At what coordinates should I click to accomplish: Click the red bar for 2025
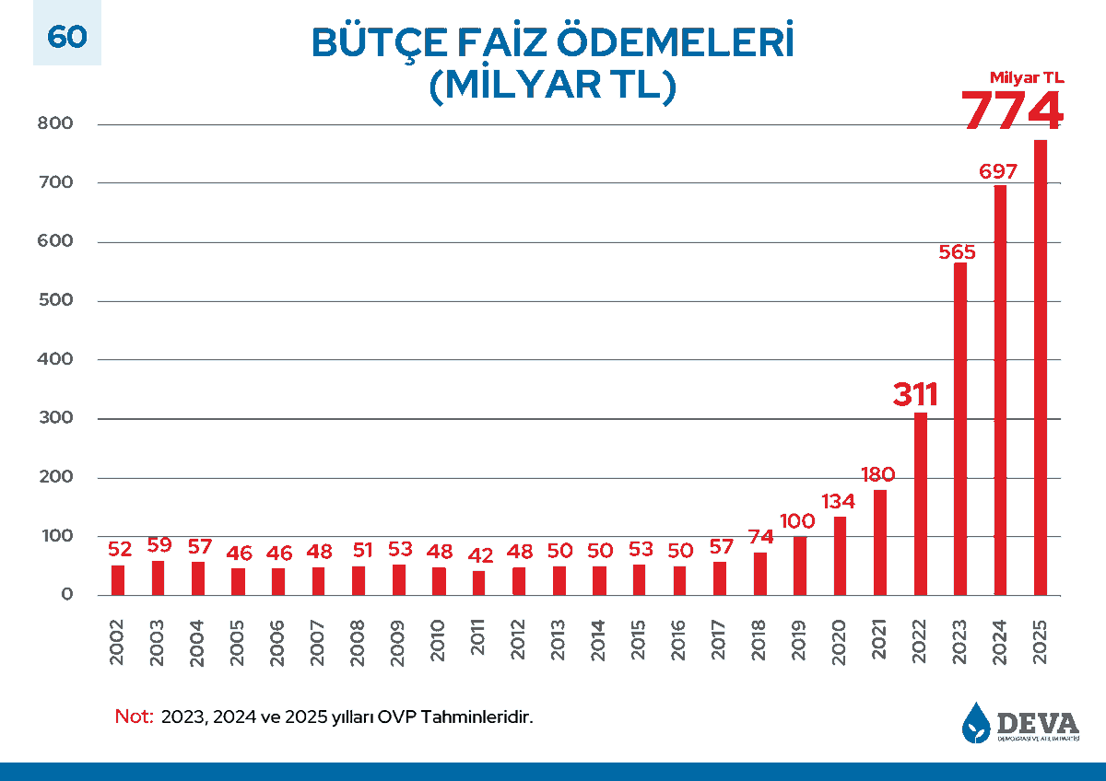(1040, 368)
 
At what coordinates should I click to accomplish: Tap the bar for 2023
(960, 429)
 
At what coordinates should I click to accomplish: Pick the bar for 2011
(478, 583)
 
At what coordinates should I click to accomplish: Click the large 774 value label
(1012, 111)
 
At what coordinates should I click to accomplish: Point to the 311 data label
(915, 394)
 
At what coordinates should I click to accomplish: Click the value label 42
(479, 555)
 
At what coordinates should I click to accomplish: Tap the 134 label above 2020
(838, 502)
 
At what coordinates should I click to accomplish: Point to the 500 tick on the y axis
(56, 301)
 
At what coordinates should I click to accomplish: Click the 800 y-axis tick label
(56, 124)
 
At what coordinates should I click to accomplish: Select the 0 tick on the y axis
(66, 596)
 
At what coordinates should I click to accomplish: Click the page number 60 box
(66, 37)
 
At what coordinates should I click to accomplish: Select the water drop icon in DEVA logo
(975, 722)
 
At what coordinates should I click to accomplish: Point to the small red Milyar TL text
(1026, 78)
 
